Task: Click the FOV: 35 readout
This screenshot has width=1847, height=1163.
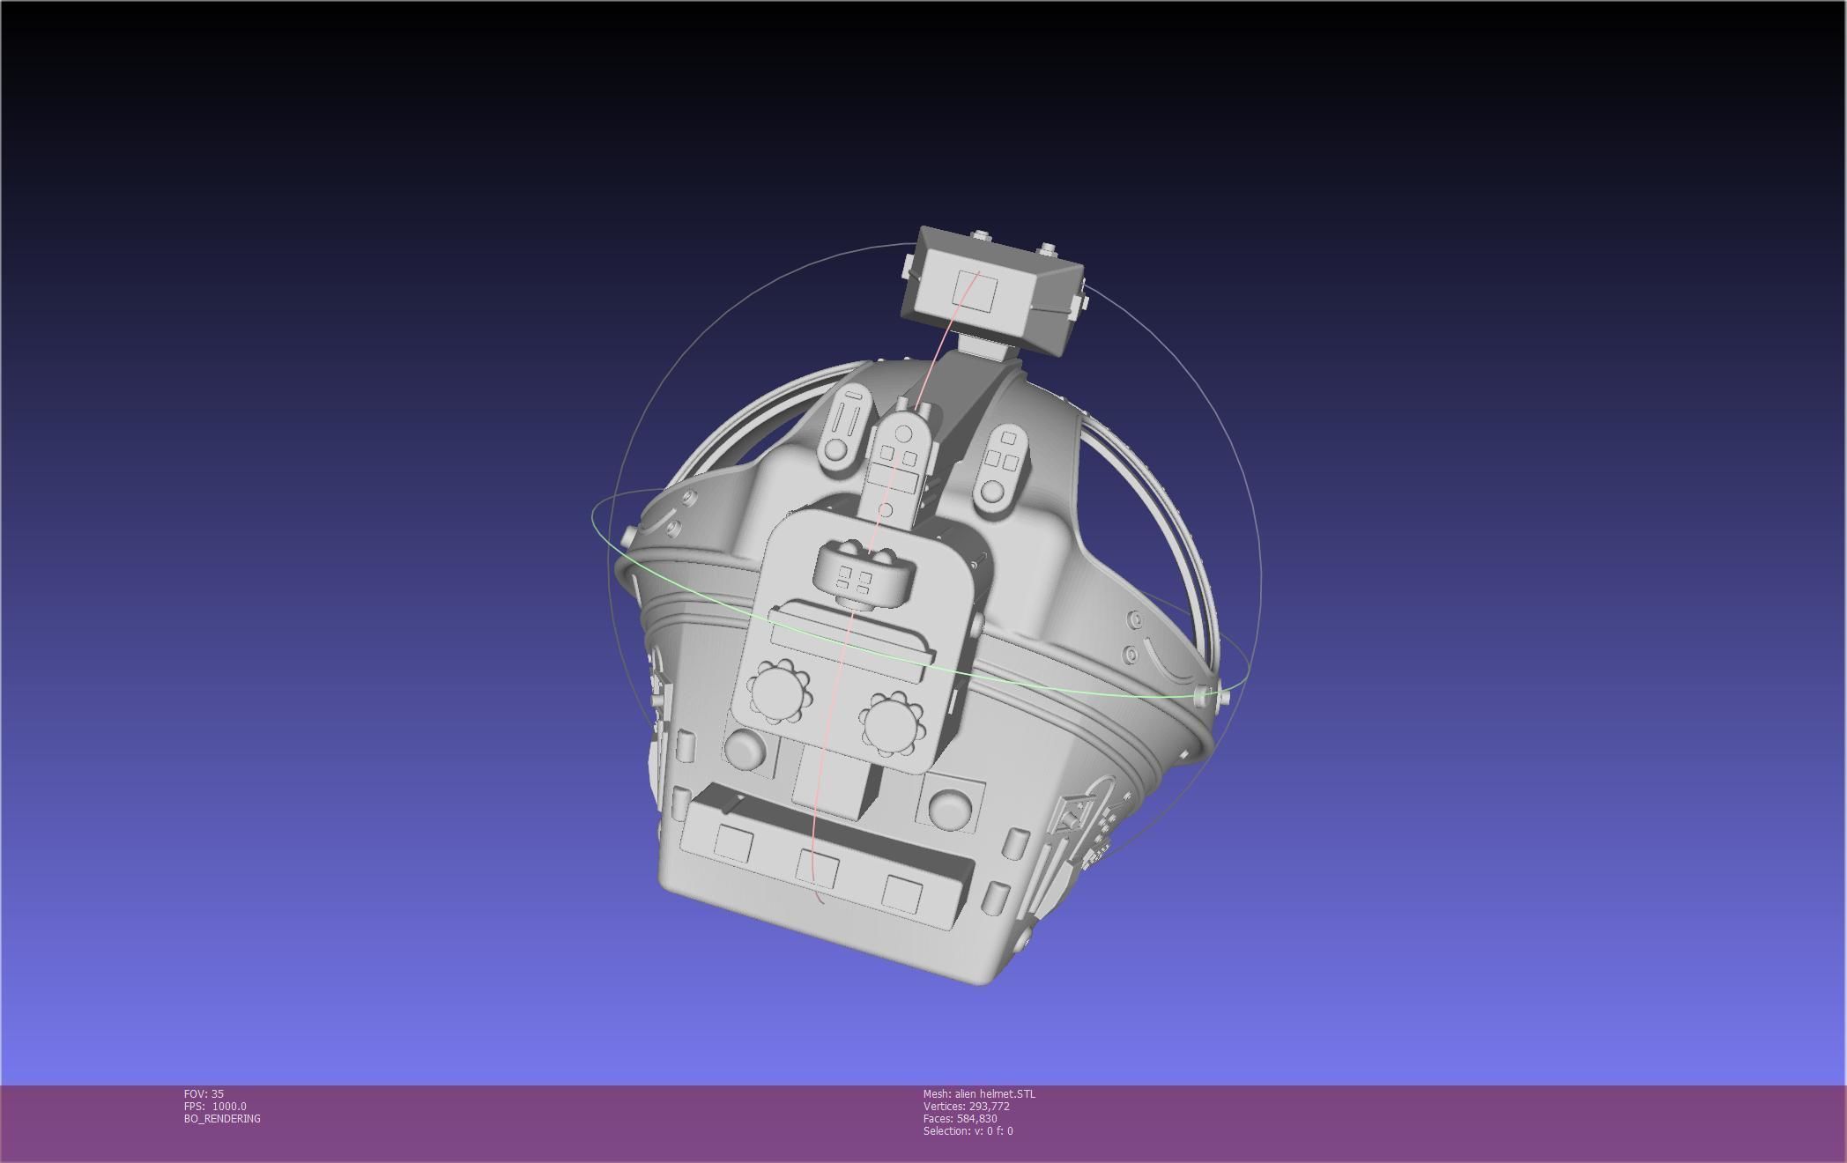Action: (x=204, y=1093)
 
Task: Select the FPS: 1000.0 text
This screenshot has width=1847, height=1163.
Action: (x=215, y=1106)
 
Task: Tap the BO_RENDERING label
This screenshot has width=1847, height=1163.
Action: (x=222, y=1118)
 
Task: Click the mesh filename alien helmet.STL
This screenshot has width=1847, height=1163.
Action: (x=979, y=1093)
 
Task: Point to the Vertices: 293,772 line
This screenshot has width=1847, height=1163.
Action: (x=966, y=1106)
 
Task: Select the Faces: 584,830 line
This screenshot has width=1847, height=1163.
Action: (x=960, y=1118)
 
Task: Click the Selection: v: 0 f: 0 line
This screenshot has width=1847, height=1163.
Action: (x=968, y=1130)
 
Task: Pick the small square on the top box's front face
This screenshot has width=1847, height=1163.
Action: (x=975, y=290)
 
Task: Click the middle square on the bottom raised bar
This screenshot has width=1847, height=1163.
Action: (x=817, y=869)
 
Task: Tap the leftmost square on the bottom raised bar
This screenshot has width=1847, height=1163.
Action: (x=733, y=842)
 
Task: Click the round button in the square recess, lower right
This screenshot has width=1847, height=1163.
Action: (x=948, y=807)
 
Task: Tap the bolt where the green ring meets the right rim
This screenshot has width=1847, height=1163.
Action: (x=1202, y=695)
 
